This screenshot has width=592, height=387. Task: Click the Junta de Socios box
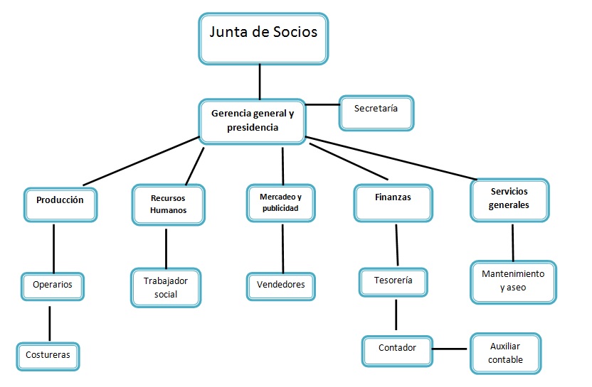(263, 38)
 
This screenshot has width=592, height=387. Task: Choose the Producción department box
(60, 204)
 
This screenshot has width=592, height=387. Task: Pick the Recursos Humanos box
(169, 205)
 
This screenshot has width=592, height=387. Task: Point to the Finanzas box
(392, 201)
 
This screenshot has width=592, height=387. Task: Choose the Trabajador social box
(165, 288)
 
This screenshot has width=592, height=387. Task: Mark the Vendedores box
(280, 286)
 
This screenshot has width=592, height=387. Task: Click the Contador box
(397, 350)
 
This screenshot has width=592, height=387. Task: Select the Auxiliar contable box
(505, 353)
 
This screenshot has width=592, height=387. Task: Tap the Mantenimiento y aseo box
(513, 282)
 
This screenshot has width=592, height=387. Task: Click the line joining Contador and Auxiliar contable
(452, 349)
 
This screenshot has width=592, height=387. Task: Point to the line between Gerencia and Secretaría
(322, 105)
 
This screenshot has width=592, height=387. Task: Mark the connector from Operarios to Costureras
(50, 324)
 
